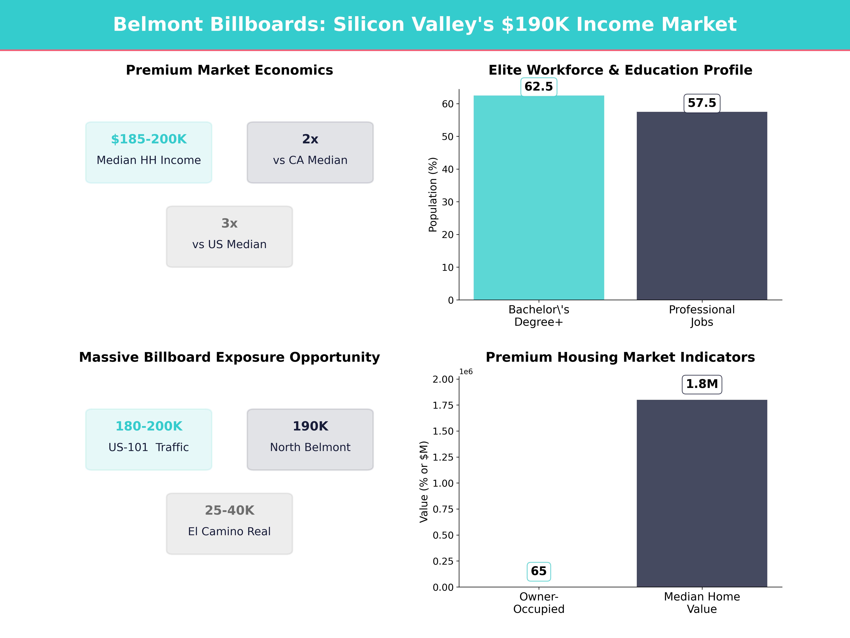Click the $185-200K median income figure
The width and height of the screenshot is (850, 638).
point(149,139)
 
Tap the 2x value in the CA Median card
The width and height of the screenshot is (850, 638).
point(310,139)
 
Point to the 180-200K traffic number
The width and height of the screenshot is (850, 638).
point(149,426)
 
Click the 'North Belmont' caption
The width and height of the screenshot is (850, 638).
point(310,447)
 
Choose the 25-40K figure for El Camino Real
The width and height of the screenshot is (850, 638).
point(229,510)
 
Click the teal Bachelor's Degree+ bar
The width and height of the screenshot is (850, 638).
point(539,198)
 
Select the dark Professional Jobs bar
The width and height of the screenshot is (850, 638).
point(702,206)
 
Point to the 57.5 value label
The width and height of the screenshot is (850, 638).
point(702,103)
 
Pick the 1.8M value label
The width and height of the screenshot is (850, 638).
point(702,384)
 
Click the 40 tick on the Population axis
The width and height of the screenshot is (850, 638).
point(448,169)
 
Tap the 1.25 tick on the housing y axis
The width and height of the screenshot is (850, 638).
point(443,457)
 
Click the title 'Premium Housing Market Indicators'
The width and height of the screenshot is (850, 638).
point(620,357)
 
